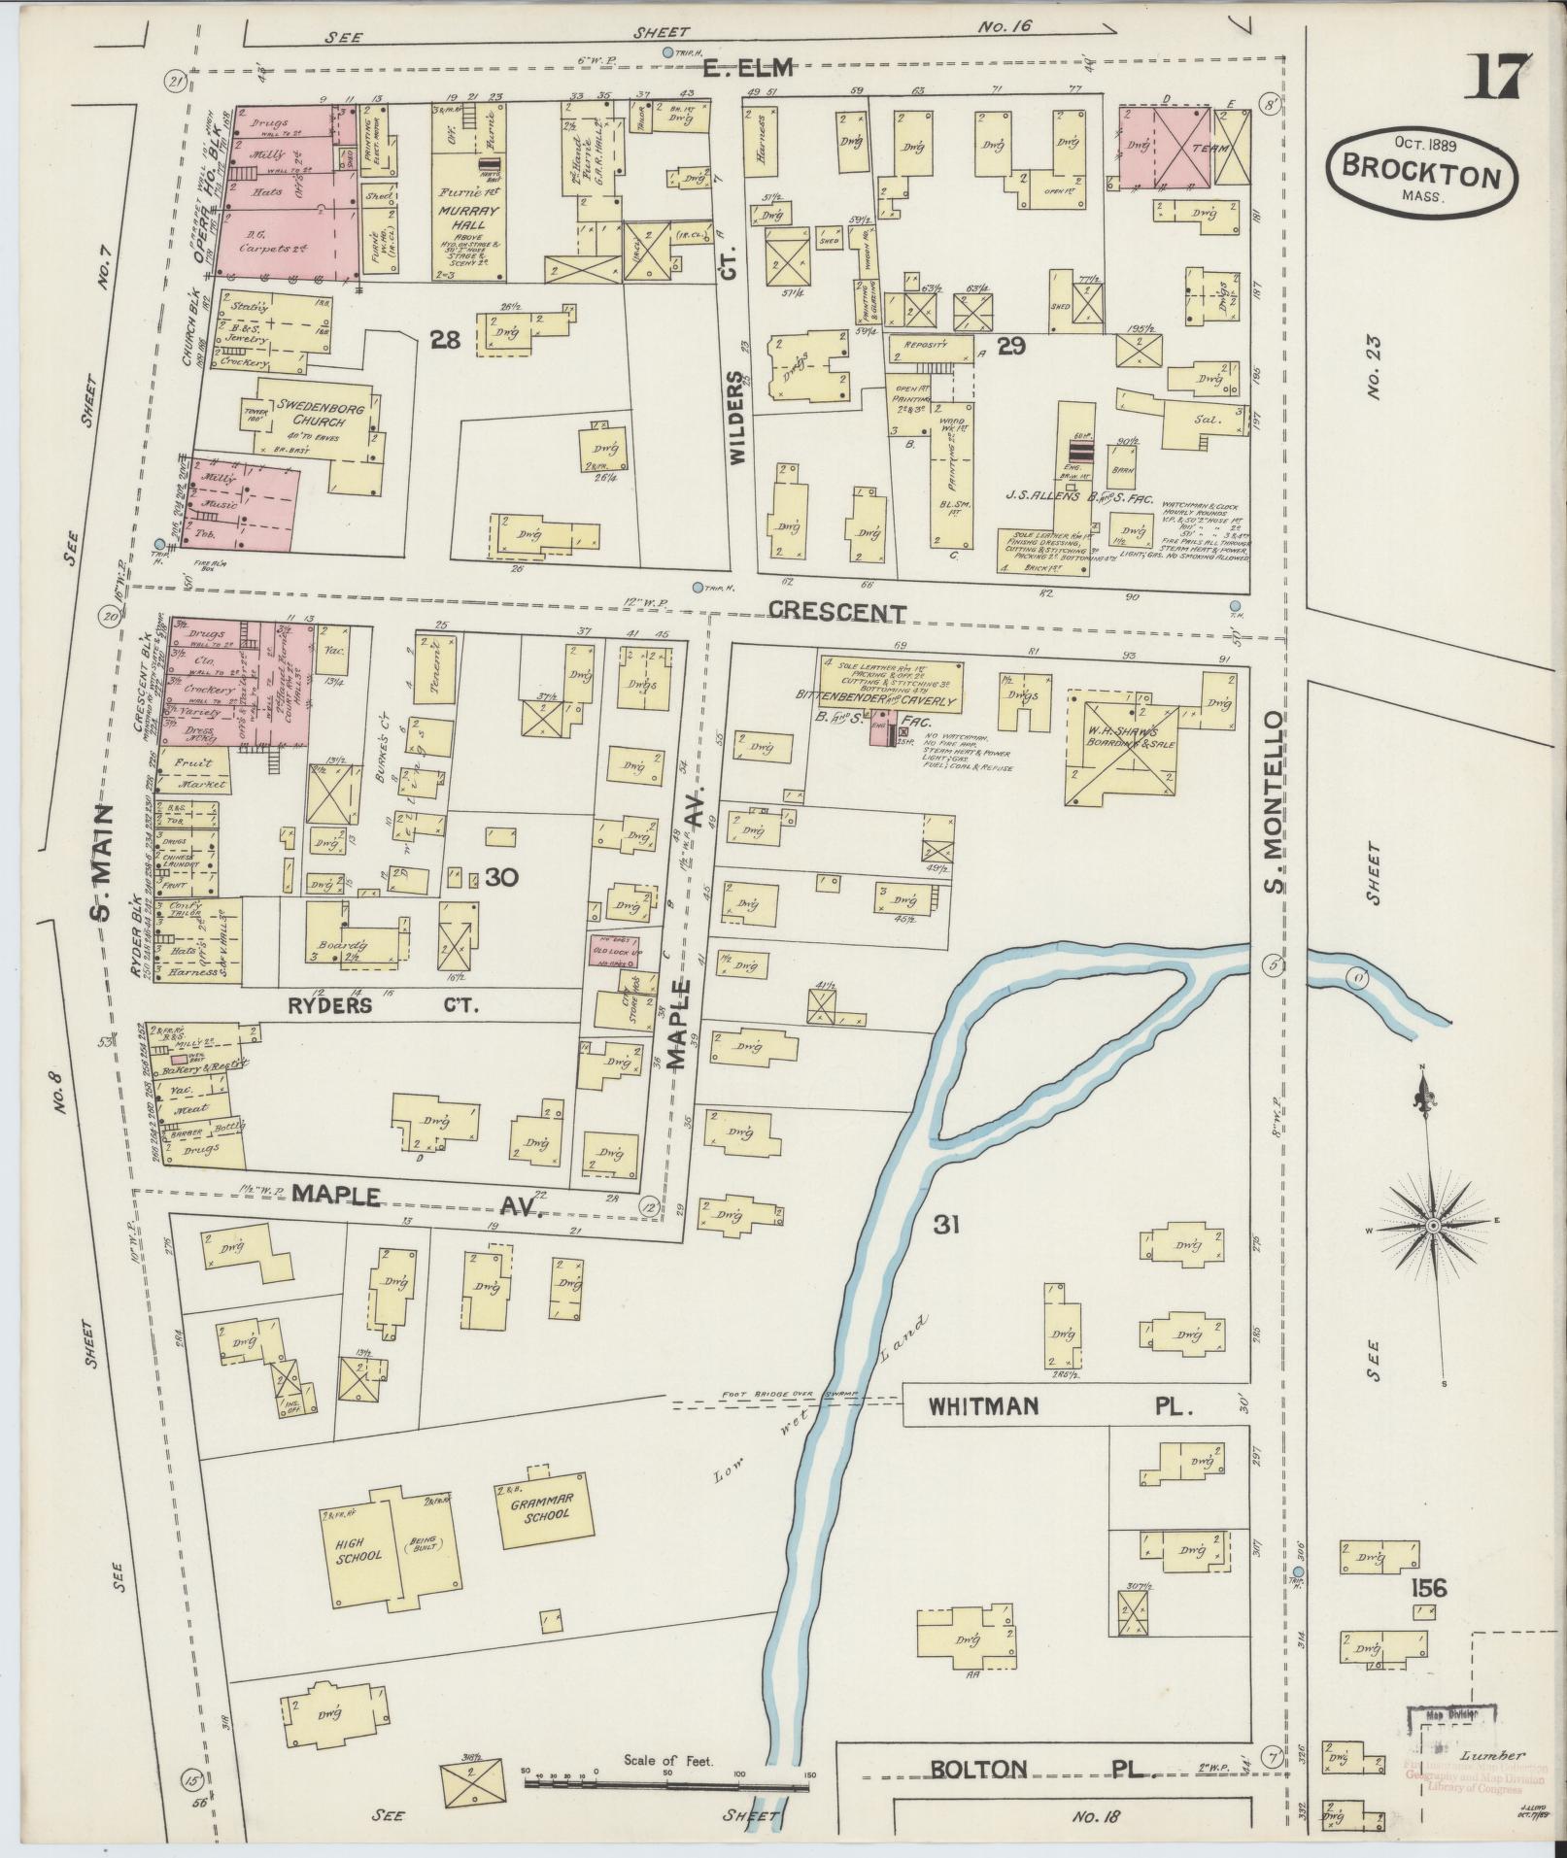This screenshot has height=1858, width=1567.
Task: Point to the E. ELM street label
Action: pos(749,68)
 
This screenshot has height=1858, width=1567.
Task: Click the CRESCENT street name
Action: pos(836,613)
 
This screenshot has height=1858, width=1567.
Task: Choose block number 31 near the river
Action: pos(945,1225)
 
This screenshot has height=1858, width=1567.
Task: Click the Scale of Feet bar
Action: pos(665,1784)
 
